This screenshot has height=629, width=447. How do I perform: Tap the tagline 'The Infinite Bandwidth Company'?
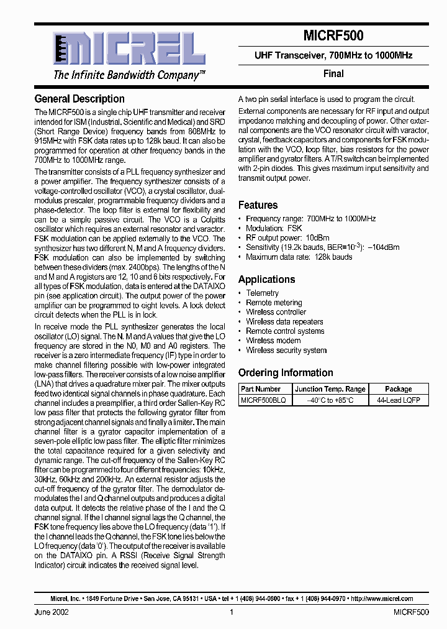pos(129,76)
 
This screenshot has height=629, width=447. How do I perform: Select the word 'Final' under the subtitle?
pos(333,73)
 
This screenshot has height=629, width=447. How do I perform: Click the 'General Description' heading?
pos(79,99)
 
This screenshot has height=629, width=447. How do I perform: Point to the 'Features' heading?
pos(258,205)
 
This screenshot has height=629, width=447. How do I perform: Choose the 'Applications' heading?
pos(266,280)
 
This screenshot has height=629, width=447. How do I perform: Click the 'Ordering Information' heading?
pos(286,373)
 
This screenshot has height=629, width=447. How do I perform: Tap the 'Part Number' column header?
pos(261,388)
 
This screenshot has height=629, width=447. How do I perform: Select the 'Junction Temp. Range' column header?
pos(330,388)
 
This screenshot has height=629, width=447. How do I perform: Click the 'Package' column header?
pos(398,388)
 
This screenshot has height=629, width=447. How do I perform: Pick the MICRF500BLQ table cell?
pos(263,401)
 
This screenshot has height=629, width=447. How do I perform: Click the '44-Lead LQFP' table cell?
pos(398,401)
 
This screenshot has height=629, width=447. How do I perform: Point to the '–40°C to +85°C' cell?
pos(330,401)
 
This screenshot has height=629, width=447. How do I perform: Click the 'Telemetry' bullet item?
pos(262,293)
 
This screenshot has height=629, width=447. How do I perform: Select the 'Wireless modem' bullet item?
pos(273,341)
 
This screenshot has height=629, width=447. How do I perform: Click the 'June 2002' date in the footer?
pos(52,612)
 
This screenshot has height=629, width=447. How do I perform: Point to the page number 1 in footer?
pos(231,612)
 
